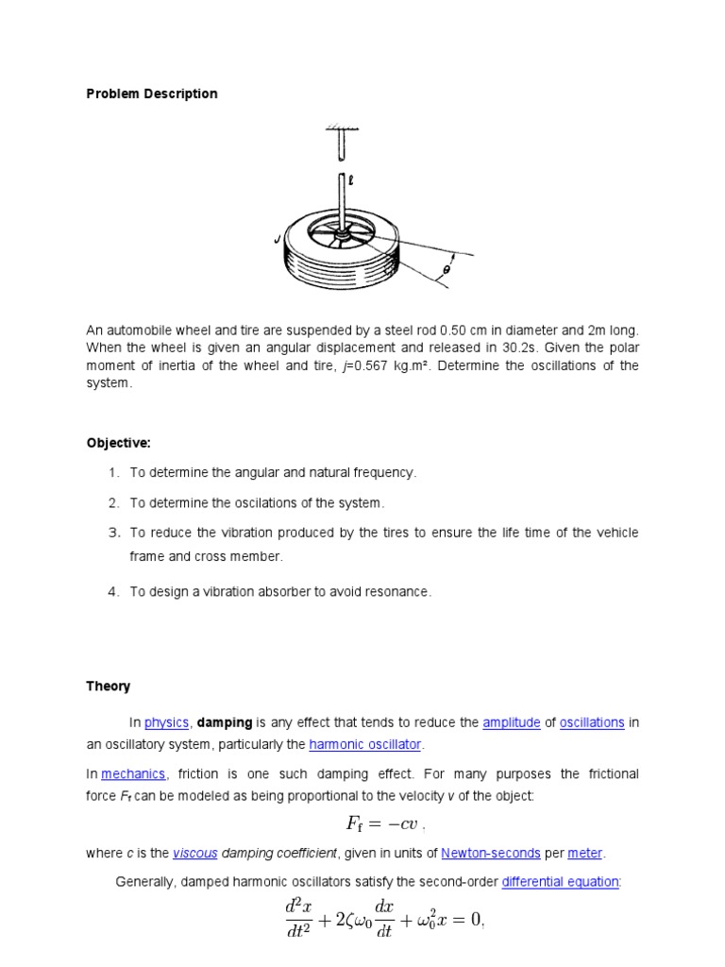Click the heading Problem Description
[x=152, y=93]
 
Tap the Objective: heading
[x=118, y=443]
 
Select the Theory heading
[x=109, y=687]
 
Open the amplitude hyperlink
[x=511, y=722]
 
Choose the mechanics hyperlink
[x=133, y=774]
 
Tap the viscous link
[x=195, y=853]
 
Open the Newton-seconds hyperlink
[x=490, y=853]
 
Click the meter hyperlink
[x=584, y=853]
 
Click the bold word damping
[x=224, y=722]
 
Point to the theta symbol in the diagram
[x=447, y=270]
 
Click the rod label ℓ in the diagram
[x=350, y=177]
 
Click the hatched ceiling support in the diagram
[x=337, y=129]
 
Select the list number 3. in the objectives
[x=113, y=533]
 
